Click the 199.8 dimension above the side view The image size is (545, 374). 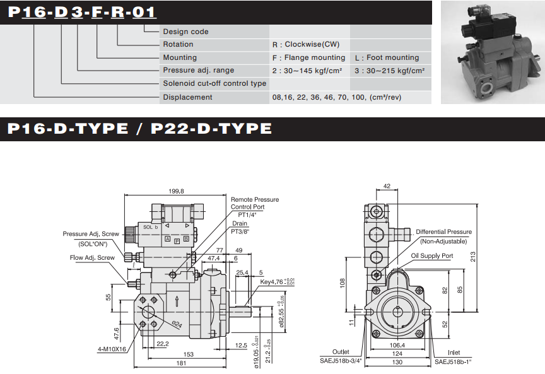[x=176, y=191]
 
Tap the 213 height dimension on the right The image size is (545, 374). [x=473, y=257]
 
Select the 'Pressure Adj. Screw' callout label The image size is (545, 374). [x=91, y=234]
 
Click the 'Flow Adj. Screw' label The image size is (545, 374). [x=92, y=257]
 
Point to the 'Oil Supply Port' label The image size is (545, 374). [x=432, y=256]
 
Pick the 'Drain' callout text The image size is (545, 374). [x=240, y=223]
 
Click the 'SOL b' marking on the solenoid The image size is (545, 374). [x=151, y=227]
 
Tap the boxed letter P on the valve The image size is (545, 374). [x=177, y=241]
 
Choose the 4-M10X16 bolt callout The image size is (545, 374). [x=112, y=349]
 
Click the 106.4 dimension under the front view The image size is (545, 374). [x=397, y=345]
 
